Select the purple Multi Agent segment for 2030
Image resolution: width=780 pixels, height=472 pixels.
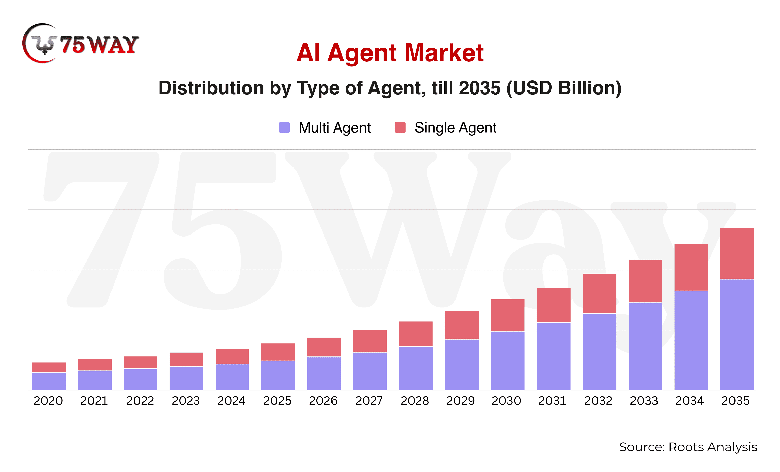507,361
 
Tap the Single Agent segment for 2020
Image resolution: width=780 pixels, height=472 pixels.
49,367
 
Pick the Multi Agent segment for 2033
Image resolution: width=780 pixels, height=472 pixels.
645,347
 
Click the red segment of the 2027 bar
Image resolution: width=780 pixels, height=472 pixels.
370,341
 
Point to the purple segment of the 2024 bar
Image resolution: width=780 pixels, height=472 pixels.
232,377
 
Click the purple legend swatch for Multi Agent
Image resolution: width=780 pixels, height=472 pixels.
284,128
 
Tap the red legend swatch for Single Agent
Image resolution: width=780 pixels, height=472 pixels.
400,128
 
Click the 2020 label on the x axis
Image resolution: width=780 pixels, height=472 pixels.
48,401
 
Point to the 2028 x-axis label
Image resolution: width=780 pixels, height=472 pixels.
415,401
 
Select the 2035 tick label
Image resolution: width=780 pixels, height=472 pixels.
735,401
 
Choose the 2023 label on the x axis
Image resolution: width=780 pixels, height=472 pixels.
186,401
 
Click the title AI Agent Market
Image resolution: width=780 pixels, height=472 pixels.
390,53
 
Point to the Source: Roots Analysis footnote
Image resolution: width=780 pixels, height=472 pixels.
688,447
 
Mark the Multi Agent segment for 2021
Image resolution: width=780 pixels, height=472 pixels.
95,380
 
